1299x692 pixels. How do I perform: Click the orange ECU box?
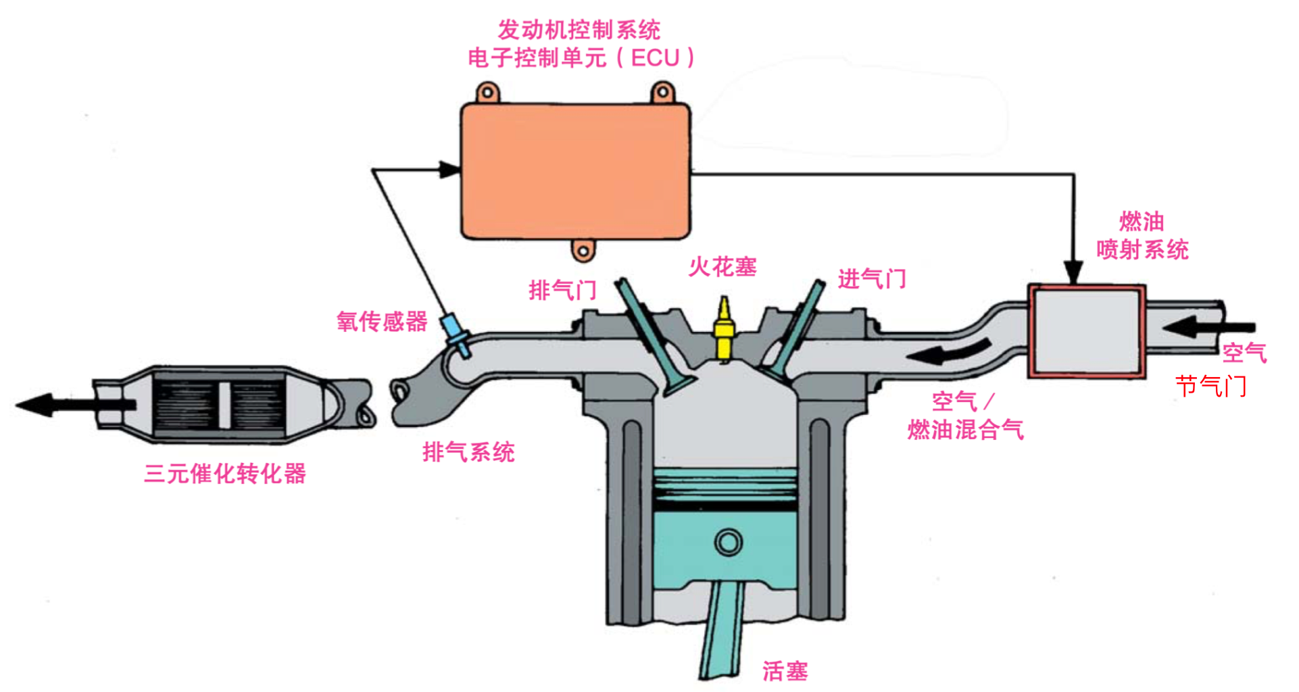[575, 172]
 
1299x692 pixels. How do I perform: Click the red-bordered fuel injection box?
[1086, 330]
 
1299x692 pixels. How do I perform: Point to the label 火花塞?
[722, 267]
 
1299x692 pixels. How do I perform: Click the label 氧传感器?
[382, 322]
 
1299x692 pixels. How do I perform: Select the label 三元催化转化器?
[225, 473]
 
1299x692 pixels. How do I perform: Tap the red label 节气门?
[1210, 387]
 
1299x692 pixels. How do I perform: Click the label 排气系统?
[468, 451]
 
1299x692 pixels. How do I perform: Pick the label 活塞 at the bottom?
[785, 670]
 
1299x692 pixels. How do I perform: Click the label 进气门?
[872, 278]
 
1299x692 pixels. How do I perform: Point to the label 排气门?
[562, 291]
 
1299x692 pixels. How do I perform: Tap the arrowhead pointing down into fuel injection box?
[1073, 273]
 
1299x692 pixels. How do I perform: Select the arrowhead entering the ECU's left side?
[449, 170]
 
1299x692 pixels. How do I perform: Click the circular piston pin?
[729, 542]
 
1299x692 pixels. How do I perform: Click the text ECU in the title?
[655, 58]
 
